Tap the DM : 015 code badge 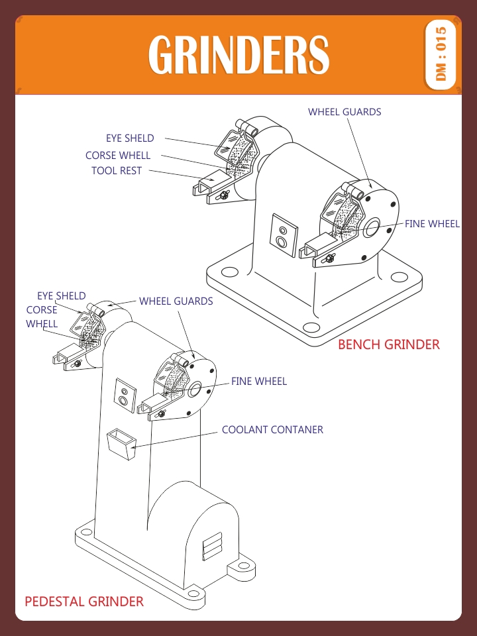coord(441,54)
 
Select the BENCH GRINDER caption coord(388,344)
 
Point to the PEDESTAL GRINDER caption coord(84,602)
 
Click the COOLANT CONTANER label coord(272,430)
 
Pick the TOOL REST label coord(117,171)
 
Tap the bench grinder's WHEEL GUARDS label coord(344,112)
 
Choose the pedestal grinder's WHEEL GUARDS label coord(176,301)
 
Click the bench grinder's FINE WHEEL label coord(432,224)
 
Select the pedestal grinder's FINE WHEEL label coord(258,382)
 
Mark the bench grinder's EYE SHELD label coord(130,138)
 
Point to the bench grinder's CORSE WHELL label coord(118,156)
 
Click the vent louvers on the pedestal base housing coord(212,547)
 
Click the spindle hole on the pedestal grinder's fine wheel coord(195,389)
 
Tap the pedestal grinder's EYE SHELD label coord(61,296)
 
